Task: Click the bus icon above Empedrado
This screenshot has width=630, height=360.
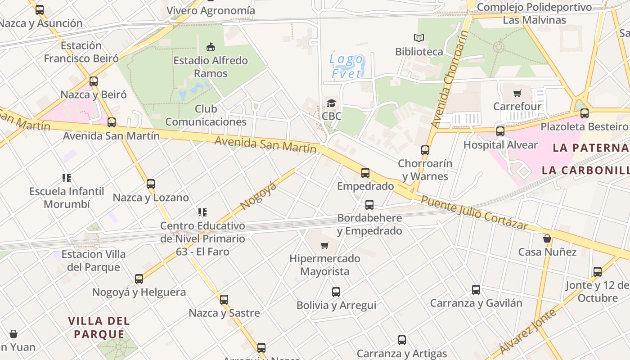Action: click(x=365, y=173)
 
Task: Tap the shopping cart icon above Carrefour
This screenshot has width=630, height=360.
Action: click(x=517, y=94)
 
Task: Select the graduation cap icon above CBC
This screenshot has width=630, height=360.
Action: click(x=332, y=103)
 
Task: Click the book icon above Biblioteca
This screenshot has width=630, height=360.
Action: click(x=419, y=38)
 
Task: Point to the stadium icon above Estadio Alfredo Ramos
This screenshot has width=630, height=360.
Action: click(x=210, y=47)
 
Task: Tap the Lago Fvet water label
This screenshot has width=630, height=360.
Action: click(x=347, y=66)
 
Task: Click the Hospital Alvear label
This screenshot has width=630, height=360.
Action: click(x=500, y=145)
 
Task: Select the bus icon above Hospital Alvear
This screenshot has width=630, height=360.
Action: click(x=500, y=131)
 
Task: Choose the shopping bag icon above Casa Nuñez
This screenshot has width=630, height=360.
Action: click(x=547, y=238)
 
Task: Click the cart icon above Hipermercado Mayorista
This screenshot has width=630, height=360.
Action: click(x=324, y=245)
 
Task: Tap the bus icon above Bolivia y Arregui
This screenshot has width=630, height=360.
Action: click(x=336, y=292)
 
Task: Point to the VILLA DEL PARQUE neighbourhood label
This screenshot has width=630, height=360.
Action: click(x=99, y=328)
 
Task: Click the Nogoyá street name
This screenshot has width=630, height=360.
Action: click(x=258, y=196)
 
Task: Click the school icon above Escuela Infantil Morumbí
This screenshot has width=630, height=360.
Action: click(x=67, y=178)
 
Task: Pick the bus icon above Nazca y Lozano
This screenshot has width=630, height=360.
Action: click(x=151, y=184)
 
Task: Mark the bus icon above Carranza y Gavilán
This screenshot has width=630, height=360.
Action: click(x=476, y=290)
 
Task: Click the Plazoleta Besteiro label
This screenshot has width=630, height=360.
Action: click(x=584, y=126)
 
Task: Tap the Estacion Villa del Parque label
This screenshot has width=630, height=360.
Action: click(x=94, y=261)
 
